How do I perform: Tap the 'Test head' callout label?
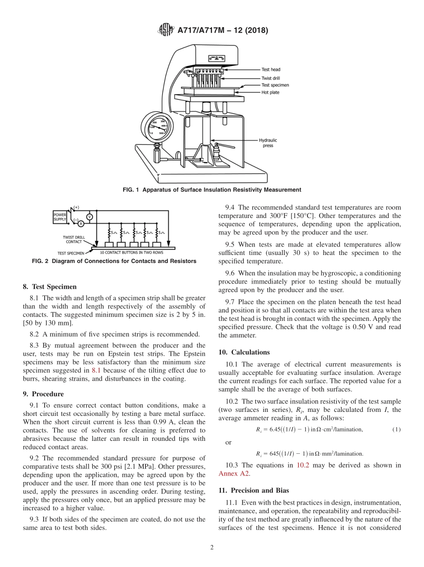(271, 70)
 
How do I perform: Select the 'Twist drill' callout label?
(271, 78)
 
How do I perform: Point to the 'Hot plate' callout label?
(270, 93)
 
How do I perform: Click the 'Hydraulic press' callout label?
(269, 143)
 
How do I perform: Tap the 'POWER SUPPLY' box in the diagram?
(60, 217)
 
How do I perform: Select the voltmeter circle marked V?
(89, 216)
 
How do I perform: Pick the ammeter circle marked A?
(81, 224)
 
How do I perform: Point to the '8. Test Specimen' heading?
(50, 287)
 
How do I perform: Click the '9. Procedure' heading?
(43, 394)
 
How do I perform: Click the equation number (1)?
(396, 429)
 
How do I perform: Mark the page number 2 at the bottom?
(212, 548)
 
